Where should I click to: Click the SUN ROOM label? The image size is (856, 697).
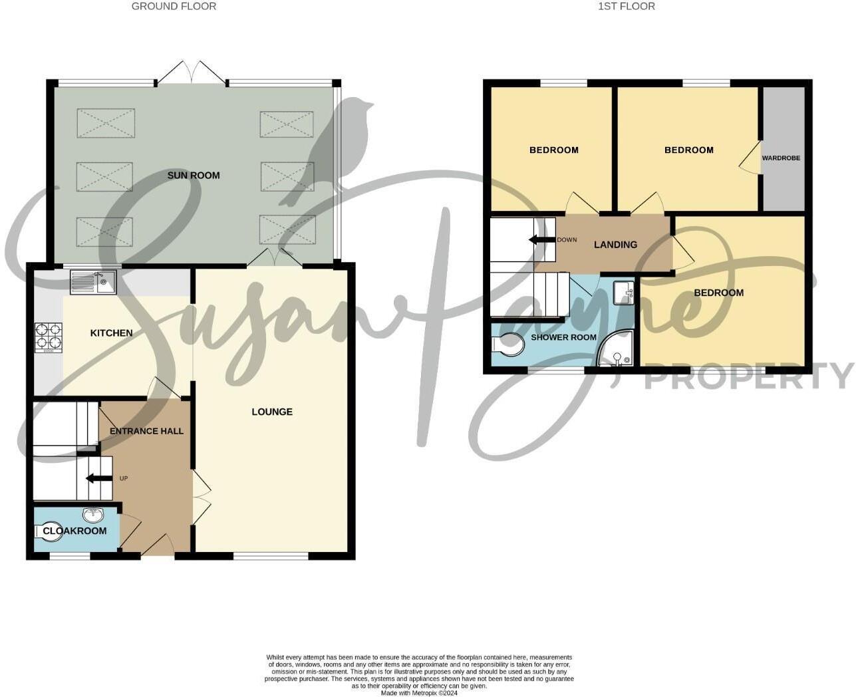[x=194, y=176]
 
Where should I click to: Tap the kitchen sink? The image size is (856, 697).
[x=93, y=282]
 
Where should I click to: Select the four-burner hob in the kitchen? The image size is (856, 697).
[x=49, y=336]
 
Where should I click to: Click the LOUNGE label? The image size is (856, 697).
[x=272, y=412]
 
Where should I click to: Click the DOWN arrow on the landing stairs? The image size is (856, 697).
[x=541, y=239]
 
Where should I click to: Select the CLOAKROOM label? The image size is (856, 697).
[x=74, y=531]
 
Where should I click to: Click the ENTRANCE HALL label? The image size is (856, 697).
[x=146, y=431]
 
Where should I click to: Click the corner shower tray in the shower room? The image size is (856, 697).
[x=616, y=352]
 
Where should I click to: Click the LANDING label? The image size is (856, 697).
[x=615, y=245]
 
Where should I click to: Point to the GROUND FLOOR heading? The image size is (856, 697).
[x=174, y=7]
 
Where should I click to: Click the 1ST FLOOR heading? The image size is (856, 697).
[x=626, y=7]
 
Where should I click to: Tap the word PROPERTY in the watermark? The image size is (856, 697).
[x=748, y=376]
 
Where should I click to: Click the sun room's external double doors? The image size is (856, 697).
[x=192, y=72]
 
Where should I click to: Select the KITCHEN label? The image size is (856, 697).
[x=111, y=333]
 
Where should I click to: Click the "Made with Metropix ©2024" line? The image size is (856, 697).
[x=419, y=692]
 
